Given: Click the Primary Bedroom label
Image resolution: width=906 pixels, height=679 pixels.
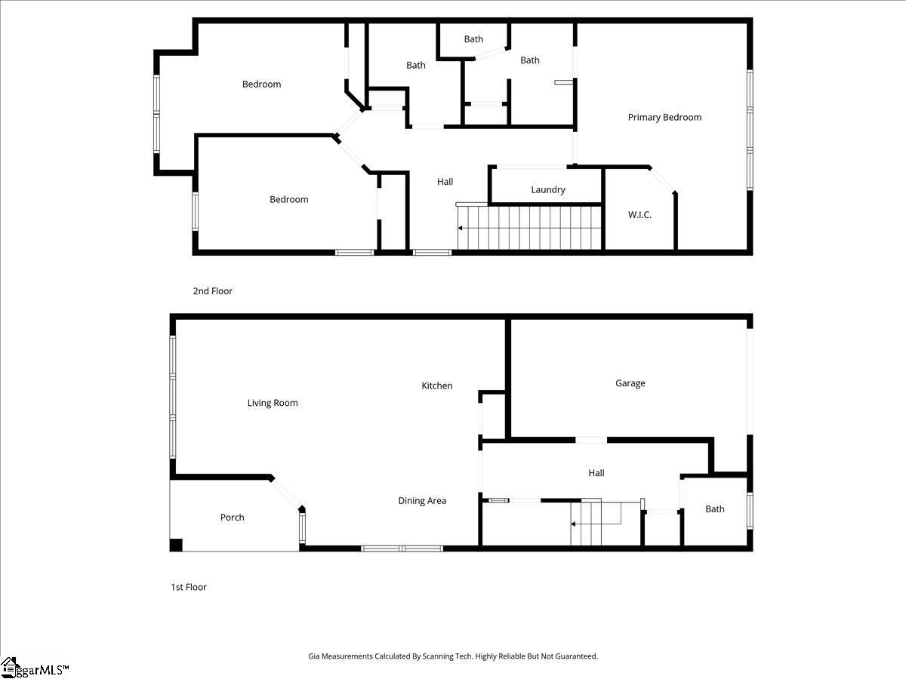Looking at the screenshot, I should coord(664,117).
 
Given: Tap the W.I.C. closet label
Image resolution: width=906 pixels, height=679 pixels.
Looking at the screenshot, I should coord(639,215).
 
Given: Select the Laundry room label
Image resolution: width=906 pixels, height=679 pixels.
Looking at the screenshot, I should coord(548,190).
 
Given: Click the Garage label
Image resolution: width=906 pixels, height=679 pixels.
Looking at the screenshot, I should coord(630,383).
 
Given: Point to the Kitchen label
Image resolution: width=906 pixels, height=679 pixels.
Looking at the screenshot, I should coord(436,386).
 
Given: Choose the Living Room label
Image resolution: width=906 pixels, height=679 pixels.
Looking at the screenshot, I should coord(273,403).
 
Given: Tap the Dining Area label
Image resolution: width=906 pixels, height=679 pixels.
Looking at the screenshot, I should coord(422,500).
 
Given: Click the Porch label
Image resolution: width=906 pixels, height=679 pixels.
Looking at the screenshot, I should coord(232,518).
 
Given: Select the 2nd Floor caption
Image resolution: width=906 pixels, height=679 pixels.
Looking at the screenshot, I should coord(212,290).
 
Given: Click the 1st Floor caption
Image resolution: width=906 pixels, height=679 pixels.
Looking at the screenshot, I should coord(189,587).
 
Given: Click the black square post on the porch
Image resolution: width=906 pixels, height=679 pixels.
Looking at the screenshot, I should coord(176,545).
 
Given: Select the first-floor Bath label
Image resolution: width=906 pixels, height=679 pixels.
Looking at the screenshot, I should coord(714,509).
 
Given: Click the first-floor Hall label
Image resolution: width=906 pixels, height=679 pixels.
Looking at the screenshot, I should coord(596,473).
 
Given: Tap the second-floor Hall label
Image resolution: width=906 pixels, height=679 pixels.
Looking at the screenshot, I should coord(445,182).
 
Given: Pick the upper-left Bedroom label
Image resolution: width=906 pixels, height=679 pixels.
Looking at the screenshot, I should coord(261,84).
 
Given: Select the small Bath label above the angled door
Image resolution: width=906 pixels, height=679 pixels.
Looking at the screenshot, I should coord(473,39).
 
